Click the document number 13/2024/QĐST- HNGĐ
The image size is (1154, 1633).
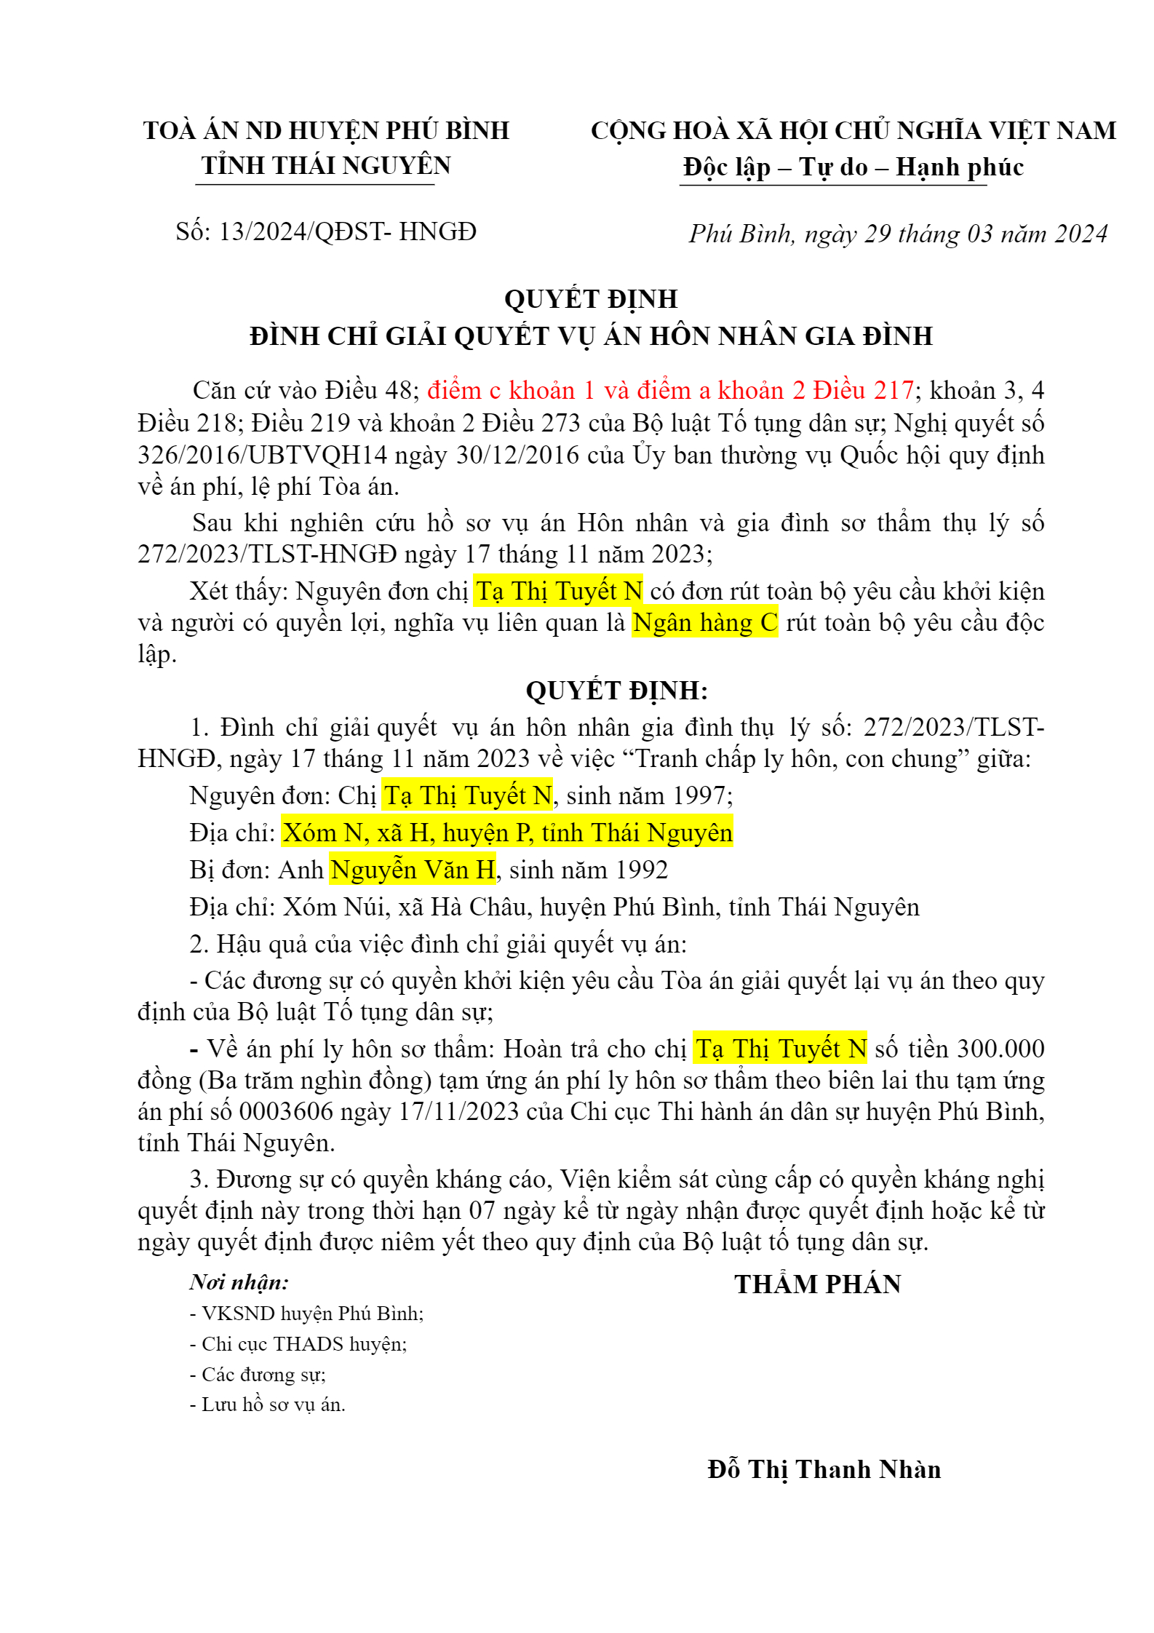pos(348,232)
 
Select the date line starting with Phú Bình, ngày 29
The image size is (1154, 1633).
pos(898,234)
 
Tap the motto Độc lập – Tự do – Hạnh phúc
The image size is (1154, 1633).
pos(853,167)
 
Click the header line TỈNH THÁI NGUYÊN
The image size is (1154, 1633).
pos(326,166)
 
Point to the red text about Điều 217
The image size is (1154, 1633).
pos(670,391)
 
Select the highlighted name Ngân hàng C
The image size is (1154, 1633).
pos(704,623)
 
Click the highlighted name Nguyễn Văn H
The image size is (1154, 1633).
pos(413,870)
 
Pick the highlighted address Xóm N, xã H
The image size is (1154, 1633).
pos(507,833)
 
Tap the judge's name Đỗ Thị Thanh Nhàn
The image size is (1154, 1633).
pos(824,1469)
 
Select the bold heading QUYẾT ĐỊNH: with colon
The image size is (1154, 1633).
pos(616,691)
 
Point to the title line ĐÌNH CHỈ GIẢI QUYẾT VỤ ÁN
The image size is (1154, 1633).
pos(591,336)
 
